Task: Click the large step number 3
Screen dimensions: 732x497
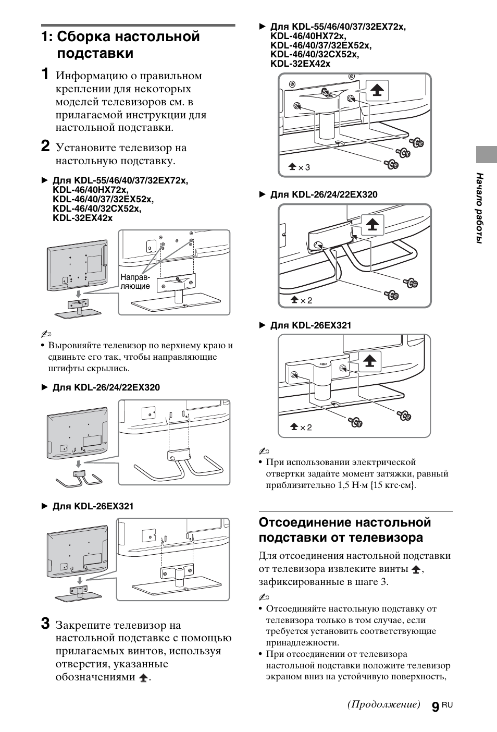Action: point(46,624)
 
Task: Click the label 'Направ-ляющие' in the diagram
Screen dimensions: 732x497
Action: point(135,282)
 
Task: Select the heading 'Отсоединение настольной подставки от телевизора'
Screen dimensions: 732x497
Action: point(345,530)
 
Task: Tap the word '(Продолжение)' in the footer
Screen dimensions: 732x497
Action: point(383,704)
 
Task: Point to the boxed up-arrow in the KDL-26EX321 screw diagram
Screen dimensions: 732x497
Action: point(369,361)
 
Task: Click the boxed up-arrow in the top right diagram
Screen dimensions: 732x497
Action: point(377,91)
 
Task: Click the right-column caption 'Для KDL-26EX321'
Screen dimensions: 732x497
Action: point(310,325)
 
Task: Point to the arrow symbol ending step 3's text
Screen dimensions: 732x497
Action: point(143,678)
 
